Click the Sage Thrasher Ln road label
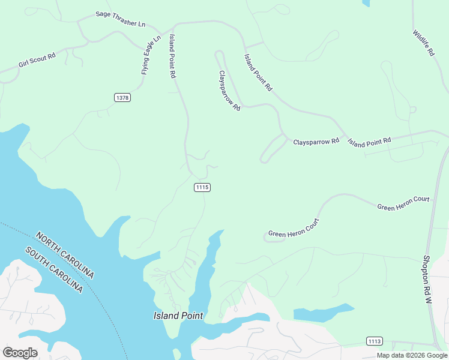click(121, 19)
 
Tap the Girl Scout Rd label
click(37, 61)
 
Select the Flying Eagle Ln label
click(151, 55)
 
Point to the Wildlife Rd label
click(423, 43)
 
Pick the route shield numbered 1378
click(122, 97)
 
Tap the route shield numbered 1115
click(202, 187)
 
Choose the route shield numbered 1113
click(374, 341)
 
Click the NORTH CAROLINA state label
click(65, 254)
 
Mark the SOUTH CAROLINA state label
click(53, 269)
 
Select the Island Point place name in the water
click(178, 316)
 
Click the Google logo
click(20, 352)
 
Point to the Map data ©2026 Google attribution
click(412, 355)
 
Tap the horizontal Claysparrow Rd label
click(316, 142)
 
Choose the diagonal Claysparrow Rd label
click(229, 91)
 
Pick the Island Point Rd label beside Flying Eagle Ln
click(172, 56)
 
